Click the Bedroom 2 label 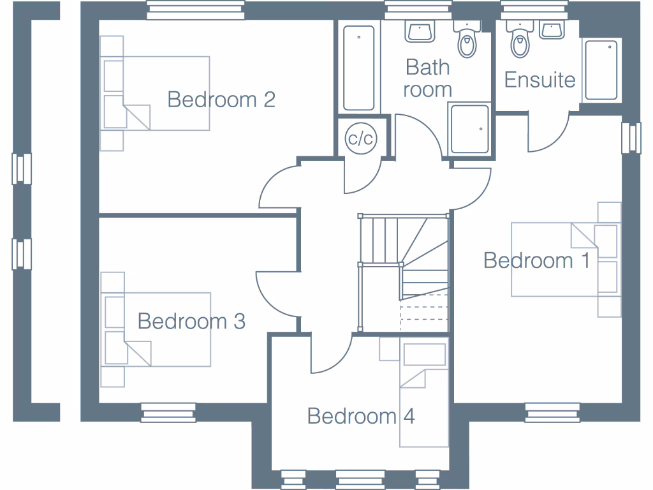pyautogui.click(x=221, y=100)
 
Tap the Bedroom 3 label pyautogui.click(x=191, y=321)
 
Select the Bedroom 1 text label pyautogui.click(x=537, y=260)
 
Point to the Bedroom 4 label pyautogui.click(x=361, y=416)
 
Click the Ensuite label pyautogui.click(x=539, y=80)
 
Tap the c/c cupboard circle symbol pyautogui.click(x=360, y=138)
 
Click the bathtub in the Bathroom pyautogui.click(x=358, y=68)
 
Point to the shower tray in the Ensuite pyautogui.click(x=601, y=70)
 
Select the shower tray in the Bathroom pyautogui.click(x=470, y=130)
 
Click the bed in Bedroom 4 pyautogui.click(x=424, y=396)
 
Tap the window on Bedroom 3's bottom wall pyautogui.click(x=168, y=412)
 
